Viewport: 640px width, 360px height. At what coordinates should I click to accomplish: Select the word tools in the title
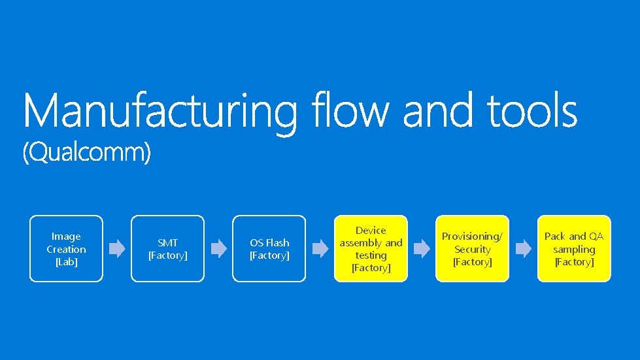532,111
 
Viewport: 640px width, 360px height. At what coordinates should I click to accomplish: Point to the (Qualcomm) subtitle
87,154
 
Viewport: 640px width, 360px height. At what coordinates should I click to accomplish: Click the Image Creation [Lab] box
66,249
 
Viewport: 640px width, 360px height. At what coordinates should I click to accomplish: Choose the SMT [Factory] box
167,249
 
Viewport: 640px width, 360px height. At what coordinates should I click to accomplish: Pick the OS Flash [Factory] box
269,249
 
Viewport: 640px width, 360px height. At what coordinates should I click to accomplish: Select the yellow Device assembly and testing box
371,249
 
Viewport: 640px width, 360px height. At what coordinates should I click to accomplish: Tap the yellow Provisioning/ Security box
472,249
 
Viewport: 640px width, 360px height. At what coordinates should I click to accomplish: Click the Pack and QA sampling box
573,249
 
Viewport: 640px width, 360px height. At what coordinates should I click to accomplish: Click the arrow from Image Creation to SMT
117,249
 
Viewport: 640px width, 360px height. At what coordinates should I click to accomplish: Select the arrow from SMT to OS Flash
218,249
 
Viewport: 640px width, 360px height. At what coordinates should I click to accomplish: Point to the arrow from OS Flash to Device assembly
320,249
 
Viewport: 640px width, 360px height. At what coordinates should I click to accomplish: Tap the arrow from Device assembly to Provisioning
422,249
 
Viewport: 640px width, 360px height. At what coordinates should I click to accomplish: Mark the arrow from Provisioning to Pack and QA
523,249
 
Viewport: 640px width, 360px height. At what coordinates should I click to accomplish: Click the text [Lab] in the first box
66,262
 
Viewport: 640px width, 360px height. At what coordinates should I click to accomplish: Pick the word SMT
167,243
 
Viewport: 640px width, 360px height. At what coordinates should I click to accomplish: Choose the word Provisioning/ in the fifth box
472,237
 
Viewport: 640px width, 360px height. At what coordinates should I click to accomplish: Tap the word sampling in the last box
573,250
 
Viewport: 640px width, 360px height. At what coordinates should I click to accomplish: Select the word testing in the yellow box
371,255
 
